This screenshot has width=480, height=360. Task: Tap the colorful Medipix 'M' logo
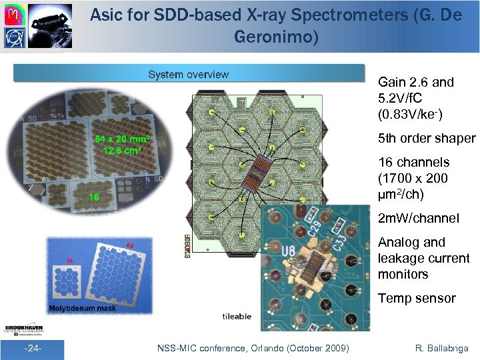click(x=13, y=14)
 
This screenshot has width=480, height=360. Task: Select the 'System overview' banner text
click(x=188, y=74)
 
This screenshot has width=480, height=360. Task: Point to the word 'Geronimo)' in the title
click(x=276, y=37)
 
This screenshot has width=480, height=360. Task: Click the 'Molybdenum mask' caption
click(x=81, y=308)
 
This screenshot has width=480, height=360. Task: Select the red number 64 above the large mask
click(x=130, y=245)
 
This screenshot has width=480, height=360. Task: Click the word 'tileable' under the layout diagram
click(x=237, y=316)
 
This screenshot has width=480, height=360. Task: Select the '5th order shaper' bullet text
click(x=427, y=139)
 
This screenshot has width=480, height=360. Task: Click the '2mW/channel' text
click(x=418, y=218)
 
